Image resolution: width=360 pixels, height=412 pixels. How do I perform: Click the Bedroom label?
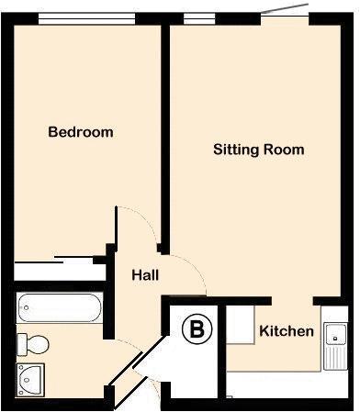click(x=81, y=132)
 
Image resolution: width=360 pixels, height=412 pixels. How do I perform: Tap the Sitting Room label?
click(x=258, y=149)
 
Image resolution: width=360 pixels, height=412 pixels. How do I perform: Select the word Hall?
click(x=146, y=274)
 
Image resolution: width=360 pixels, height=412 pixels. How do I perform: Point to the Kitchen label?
click(x=287, y=331)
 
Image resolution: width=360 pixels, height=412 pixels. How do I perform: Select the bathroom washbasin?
click(x=32, y=377)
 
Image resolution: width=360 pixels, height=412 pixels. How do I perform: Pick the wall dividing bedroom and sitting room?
click(x=164, y=138)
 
